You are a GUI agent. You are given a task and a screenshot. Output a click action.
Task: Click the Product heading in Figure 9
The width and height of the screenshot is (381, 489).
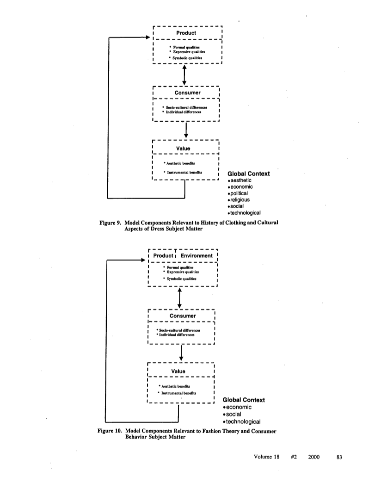tap(186, 33)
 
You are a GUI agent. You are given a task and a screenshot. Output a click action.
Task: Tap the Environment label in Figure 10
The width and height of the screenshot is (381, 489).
tap(197, 256)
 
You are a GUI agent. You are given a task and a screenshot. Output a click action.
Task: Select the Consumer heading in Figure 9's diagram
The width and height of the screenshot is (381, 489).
tap(187, 93)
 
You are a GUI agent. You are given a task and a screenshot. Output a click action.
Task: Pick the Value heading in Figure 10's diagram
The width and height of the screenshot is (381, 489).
tap(178, 371)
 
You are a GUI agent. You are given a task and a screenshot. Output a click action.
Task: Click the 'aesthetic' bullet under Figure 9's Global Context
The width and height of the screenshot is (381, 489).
tap(240, 180)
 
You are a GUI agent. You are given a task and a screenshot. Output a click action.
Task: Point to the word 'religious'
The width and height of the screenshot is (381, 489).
tap(239, 200)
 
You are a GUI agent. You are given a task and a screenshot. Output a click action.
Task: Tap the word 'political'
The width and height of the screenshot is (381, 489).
tap(238, 193)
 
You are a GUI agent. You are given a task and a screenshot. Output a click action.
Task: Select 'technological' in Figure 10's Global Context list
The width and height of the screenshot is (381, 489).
tap(242, 421)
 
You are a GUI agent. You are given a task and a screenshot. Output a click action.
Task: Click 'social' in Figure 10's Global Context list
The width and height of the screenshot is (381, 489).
tap(232, 414)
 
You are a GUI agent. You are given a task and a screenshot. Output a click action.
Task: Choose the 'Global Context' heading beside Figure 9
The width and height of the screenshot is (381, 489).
tap(248, 173)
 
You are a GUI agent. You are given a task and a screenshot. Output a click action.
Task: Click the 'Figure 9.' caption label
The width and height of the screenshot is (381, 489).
tap(110, 223)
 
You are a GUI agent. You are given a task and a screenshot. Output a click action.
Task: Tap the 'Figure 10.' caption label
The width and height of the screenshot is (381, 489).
tap(110, 431)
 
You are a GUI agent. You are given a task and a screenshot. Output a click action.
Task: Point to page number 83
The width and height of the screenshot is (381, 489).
tap(339, 457)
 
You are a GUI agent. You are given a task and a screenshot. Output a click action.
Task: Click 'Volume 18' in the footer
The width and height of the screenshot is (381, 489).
tap(267, 457)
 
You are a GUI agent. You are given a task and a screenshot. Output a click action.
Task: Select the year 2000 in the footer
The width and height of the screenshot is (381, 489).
tap(313, 457)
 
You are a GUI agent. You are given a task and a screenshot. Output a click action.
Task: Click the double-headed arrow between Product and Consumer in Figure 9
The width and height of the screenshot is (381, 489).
tap(184, 75)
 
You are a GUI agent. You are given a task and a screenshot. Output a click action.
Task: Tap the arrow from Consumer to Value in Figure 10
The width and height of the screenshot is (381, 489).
tap(181, 353)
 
